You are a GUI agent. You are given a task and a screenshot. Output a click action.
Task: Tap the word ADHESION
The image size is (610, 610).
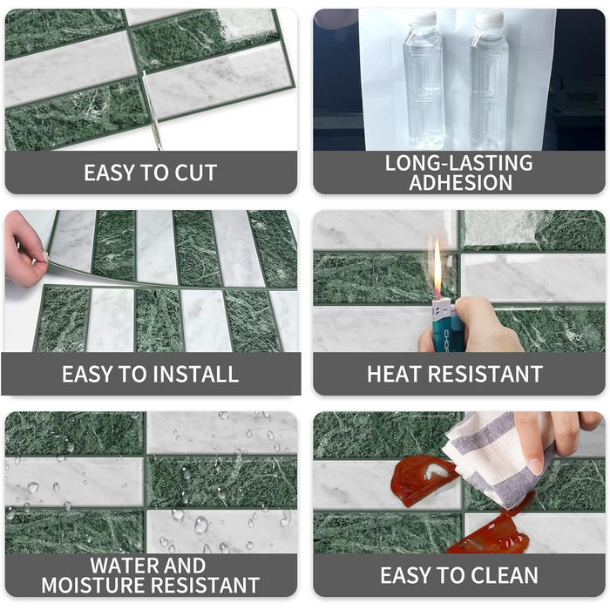[461, 183]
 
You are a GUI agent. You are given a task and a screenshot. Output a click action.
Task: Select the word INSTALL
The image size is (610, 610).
[196, 374]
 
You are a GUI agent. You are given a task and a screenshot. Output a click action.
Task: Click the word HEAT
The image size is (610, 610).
[395, 374]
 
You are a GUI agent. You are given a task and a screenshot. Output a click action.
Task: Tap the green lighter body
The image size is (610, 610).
[443, 327]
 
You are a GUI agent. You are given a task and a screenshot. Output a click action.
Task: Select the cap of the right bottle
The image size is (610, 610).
[490, 19]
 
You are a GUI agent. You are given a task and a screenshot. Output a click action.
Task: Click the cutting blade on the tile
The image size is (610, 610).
[152, 110]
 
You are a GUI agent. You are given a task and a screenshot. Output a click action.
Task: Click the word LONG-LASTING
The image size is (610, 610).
[459, 163]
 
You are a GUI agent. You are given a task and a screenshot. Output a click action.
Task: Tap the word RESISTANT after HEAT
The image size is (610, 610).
[485, 374]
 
